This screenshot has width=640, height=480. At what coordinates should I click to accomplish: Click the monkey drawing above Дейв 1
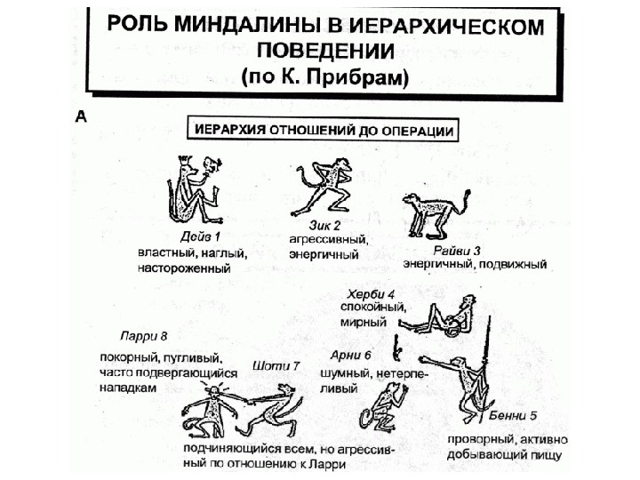[189, 189]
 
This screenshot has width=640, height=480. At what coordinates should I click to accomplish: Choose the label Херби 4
[372, 292]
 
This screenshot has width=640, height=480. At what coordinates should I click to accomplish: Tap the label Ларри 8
[144, 336]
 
